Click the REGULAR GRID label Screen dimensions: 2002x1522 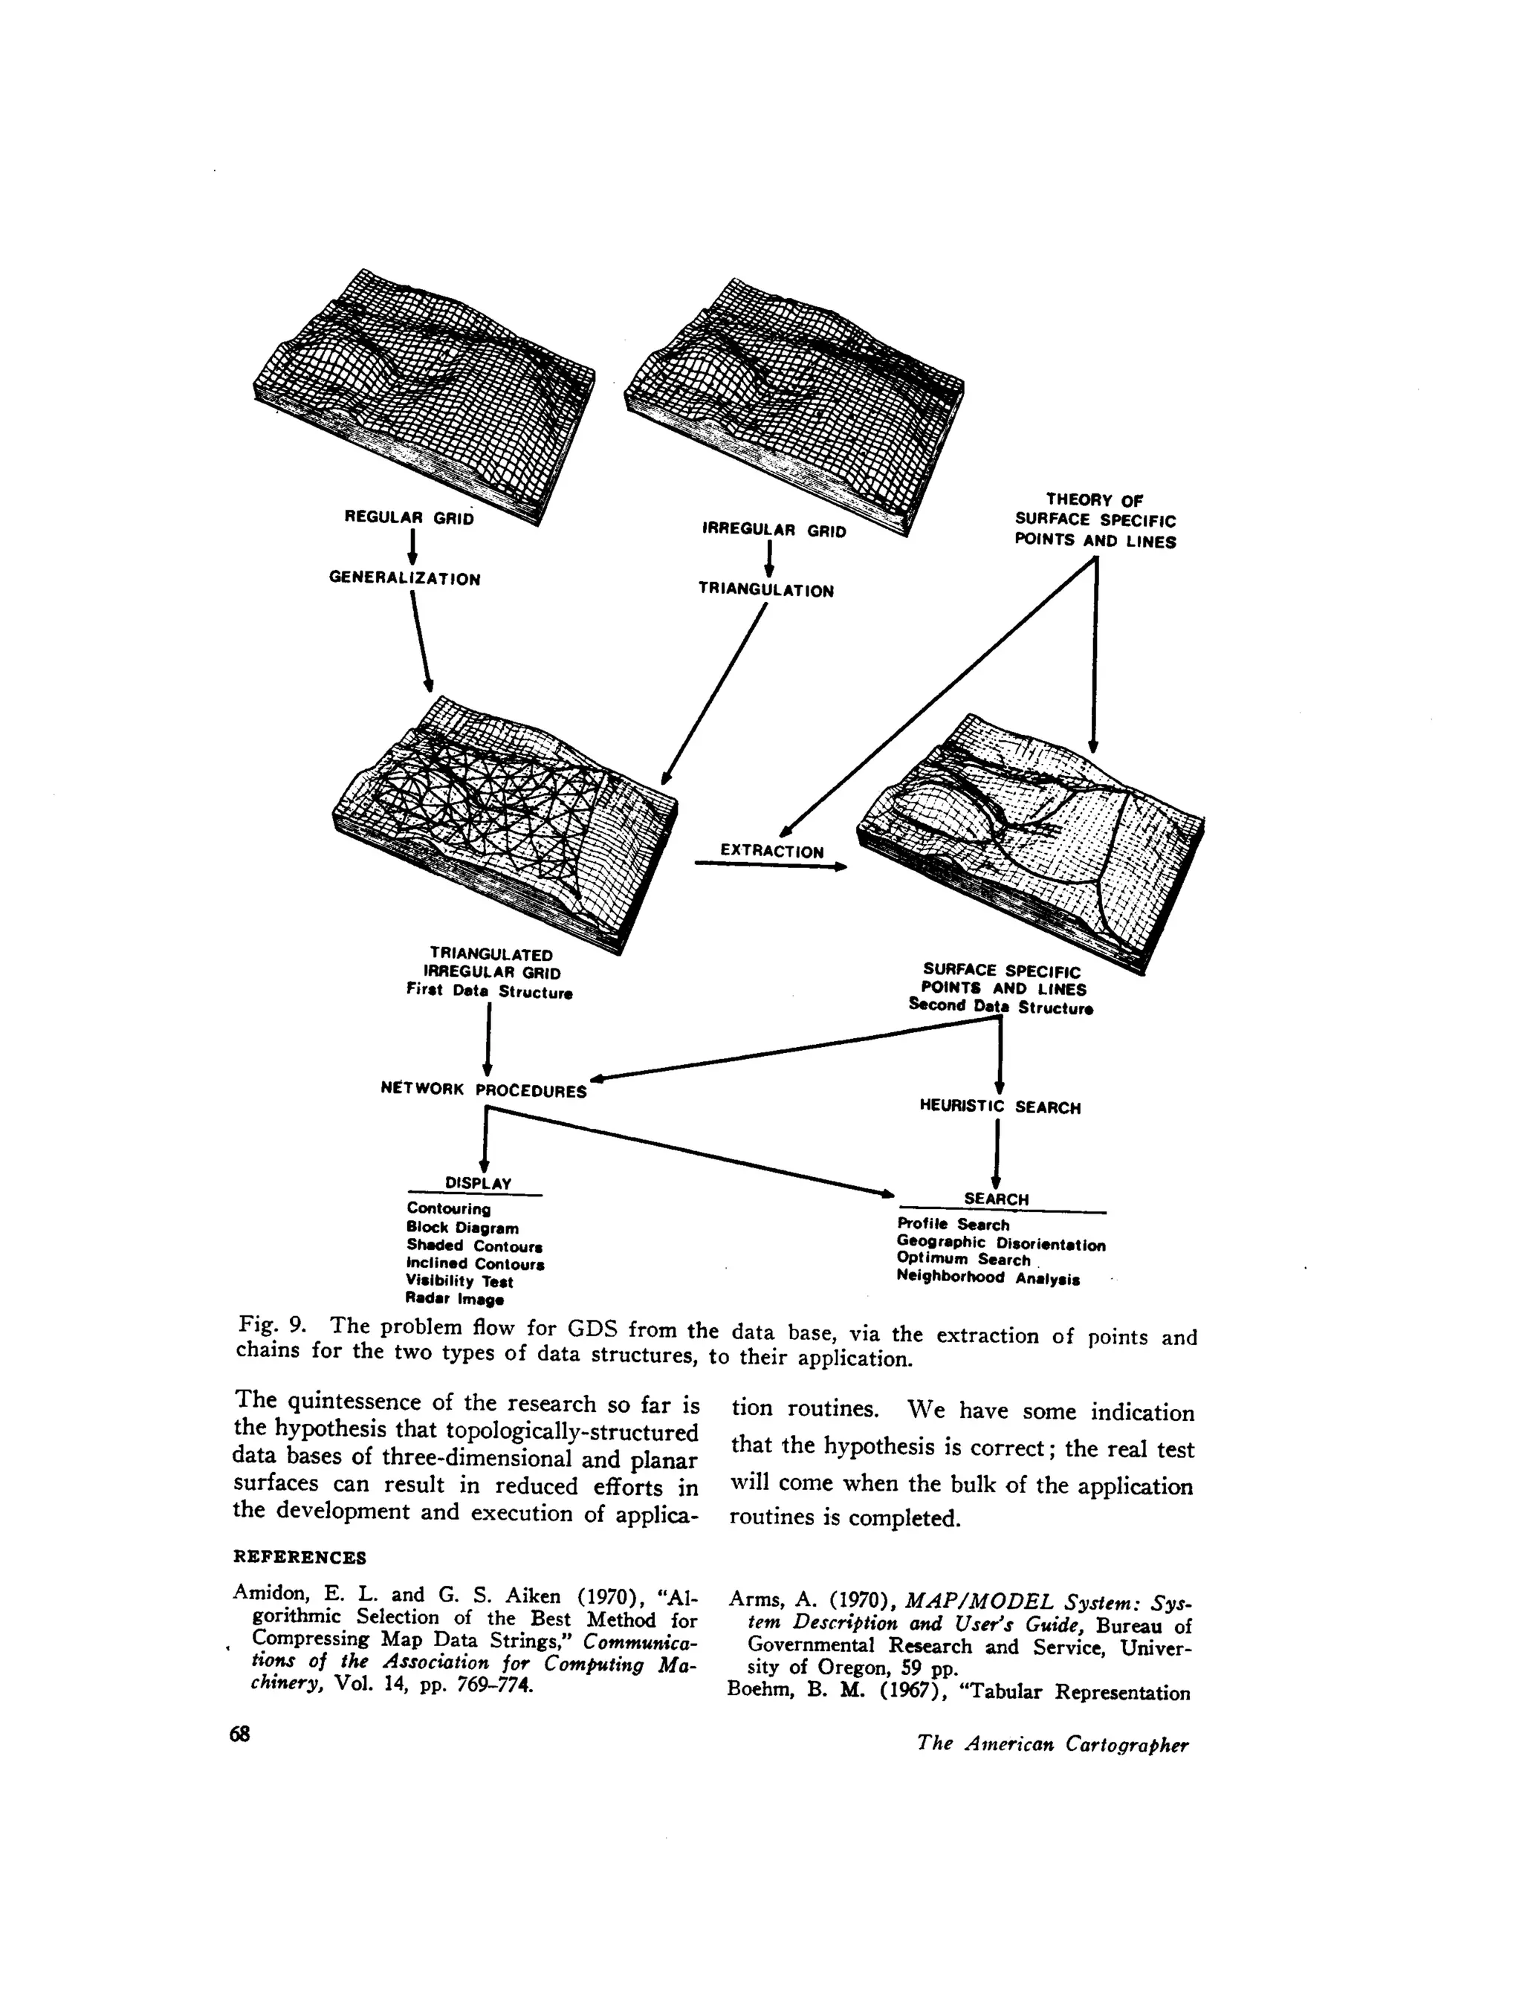coord(409,518)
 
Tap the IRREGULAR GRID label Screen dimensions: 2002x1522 coord(774,531)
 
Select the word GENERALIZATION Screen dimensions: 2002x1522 coord(404,579)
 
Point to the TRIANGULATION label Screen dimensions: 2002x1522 coord(765,591)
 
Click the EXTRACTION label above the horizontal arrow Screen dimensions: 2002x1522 coord(772,852)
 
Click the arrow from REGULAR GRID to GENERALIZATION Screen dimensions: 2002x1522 coord(412,547)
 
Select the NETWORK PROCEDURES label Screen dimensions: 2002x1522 coord(484,1089)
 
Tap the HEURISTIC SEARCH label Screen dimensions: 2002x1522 coord(1000,1107)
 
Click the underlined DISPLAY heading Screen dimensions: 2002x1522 coord(479,1183)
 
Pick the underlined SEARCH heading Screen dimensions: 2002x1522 coord(997,1199)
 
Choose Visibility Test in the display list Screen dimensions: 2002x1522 coord(459,1282)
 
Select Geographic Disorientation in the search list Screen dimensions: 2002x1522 coord(1001,1244)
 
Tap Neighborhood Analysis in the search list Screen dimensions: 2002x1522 coord(988,1278)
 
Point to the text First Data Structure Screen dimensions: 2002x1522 coord(489,992)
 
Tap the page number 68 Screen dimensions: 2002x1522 coord(240,1734)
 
